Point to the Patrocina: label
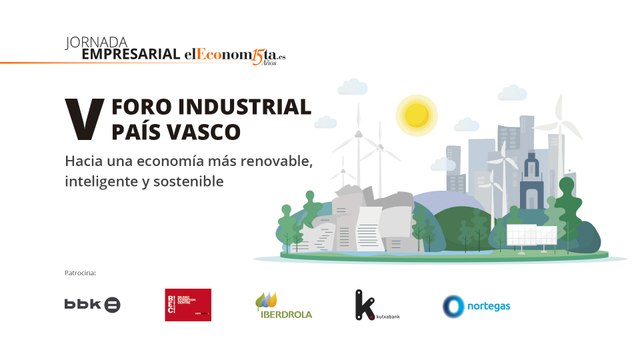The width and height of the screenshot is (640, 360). [x=79, y=272]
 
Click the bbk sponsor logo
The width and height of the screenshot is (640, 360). [x=92, y=304]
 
